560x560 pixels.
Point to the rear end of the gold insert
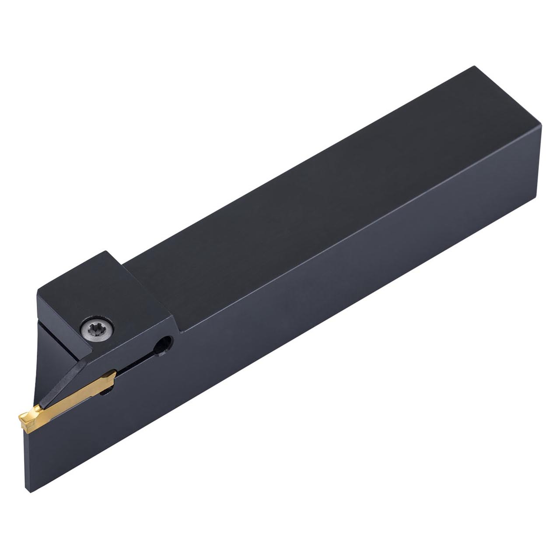coord(112,375)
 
